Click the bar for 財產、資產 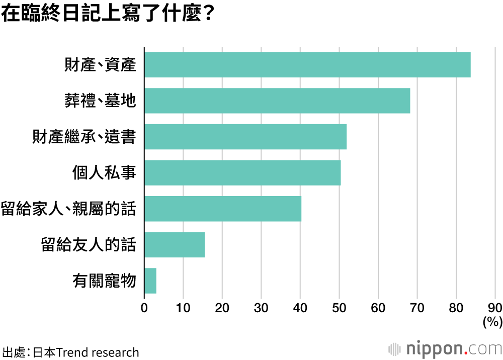[307, 65]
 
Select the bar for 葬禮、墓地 [277, 101]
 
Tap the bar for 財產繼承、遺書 [245, 137]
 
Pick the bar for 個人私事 [242, 173]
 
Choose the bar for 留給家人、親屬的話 [223, 209]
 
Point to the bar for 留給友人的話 [175, 245]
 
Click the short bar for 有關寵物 [150, 281]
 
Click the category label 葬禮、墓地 [100, 101]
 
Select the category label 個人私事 [104, 173]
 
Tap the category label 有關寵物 [104, 281]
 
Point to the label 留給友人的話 [89, 245]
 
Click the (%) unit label [492, 321]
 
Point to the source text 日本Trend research [86, 352]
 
